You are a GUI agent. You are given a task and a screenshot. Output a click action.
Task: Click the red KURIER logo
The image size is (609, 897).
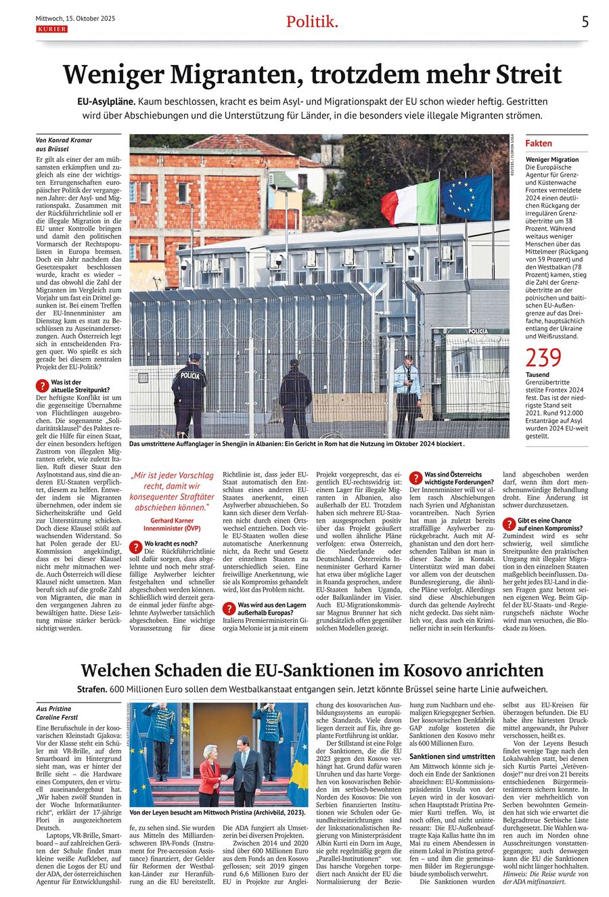[51, 29]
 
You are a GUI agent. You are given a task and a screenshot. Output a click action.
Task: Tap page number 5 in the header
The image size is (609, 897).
[585, 22]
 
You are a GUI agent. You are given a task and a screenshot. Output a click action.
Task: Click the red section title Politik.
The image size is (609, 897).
[311, 22]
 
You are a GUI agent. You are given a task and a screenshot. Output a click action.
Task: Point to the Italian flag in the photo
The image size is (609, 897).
[409, 200]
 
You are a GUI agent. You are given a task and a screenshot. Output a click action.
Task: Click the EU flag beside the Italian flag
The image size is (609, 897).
[468, 198]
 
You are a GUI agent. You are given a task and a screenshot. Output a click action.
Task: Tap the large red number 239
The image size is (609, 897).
[543, 357]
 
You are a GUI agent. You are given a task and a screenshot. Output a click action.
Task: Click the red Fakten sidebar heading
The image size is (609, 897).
[539, 144]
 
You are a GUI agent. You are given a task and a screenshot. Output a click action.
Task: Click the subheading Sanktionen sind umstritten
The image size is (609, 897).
[452, 756]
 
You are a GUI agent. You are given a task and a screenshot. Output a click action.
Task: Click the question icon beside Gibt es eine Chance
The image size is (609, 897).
[508, 524]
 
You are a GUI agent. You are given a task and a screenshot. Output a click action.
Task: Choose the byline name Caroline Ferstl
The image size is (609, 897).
[58, 717]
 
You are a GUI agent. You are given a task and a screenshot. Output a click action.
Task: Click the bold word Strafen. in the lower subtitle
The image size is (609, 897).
[91, 689]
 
